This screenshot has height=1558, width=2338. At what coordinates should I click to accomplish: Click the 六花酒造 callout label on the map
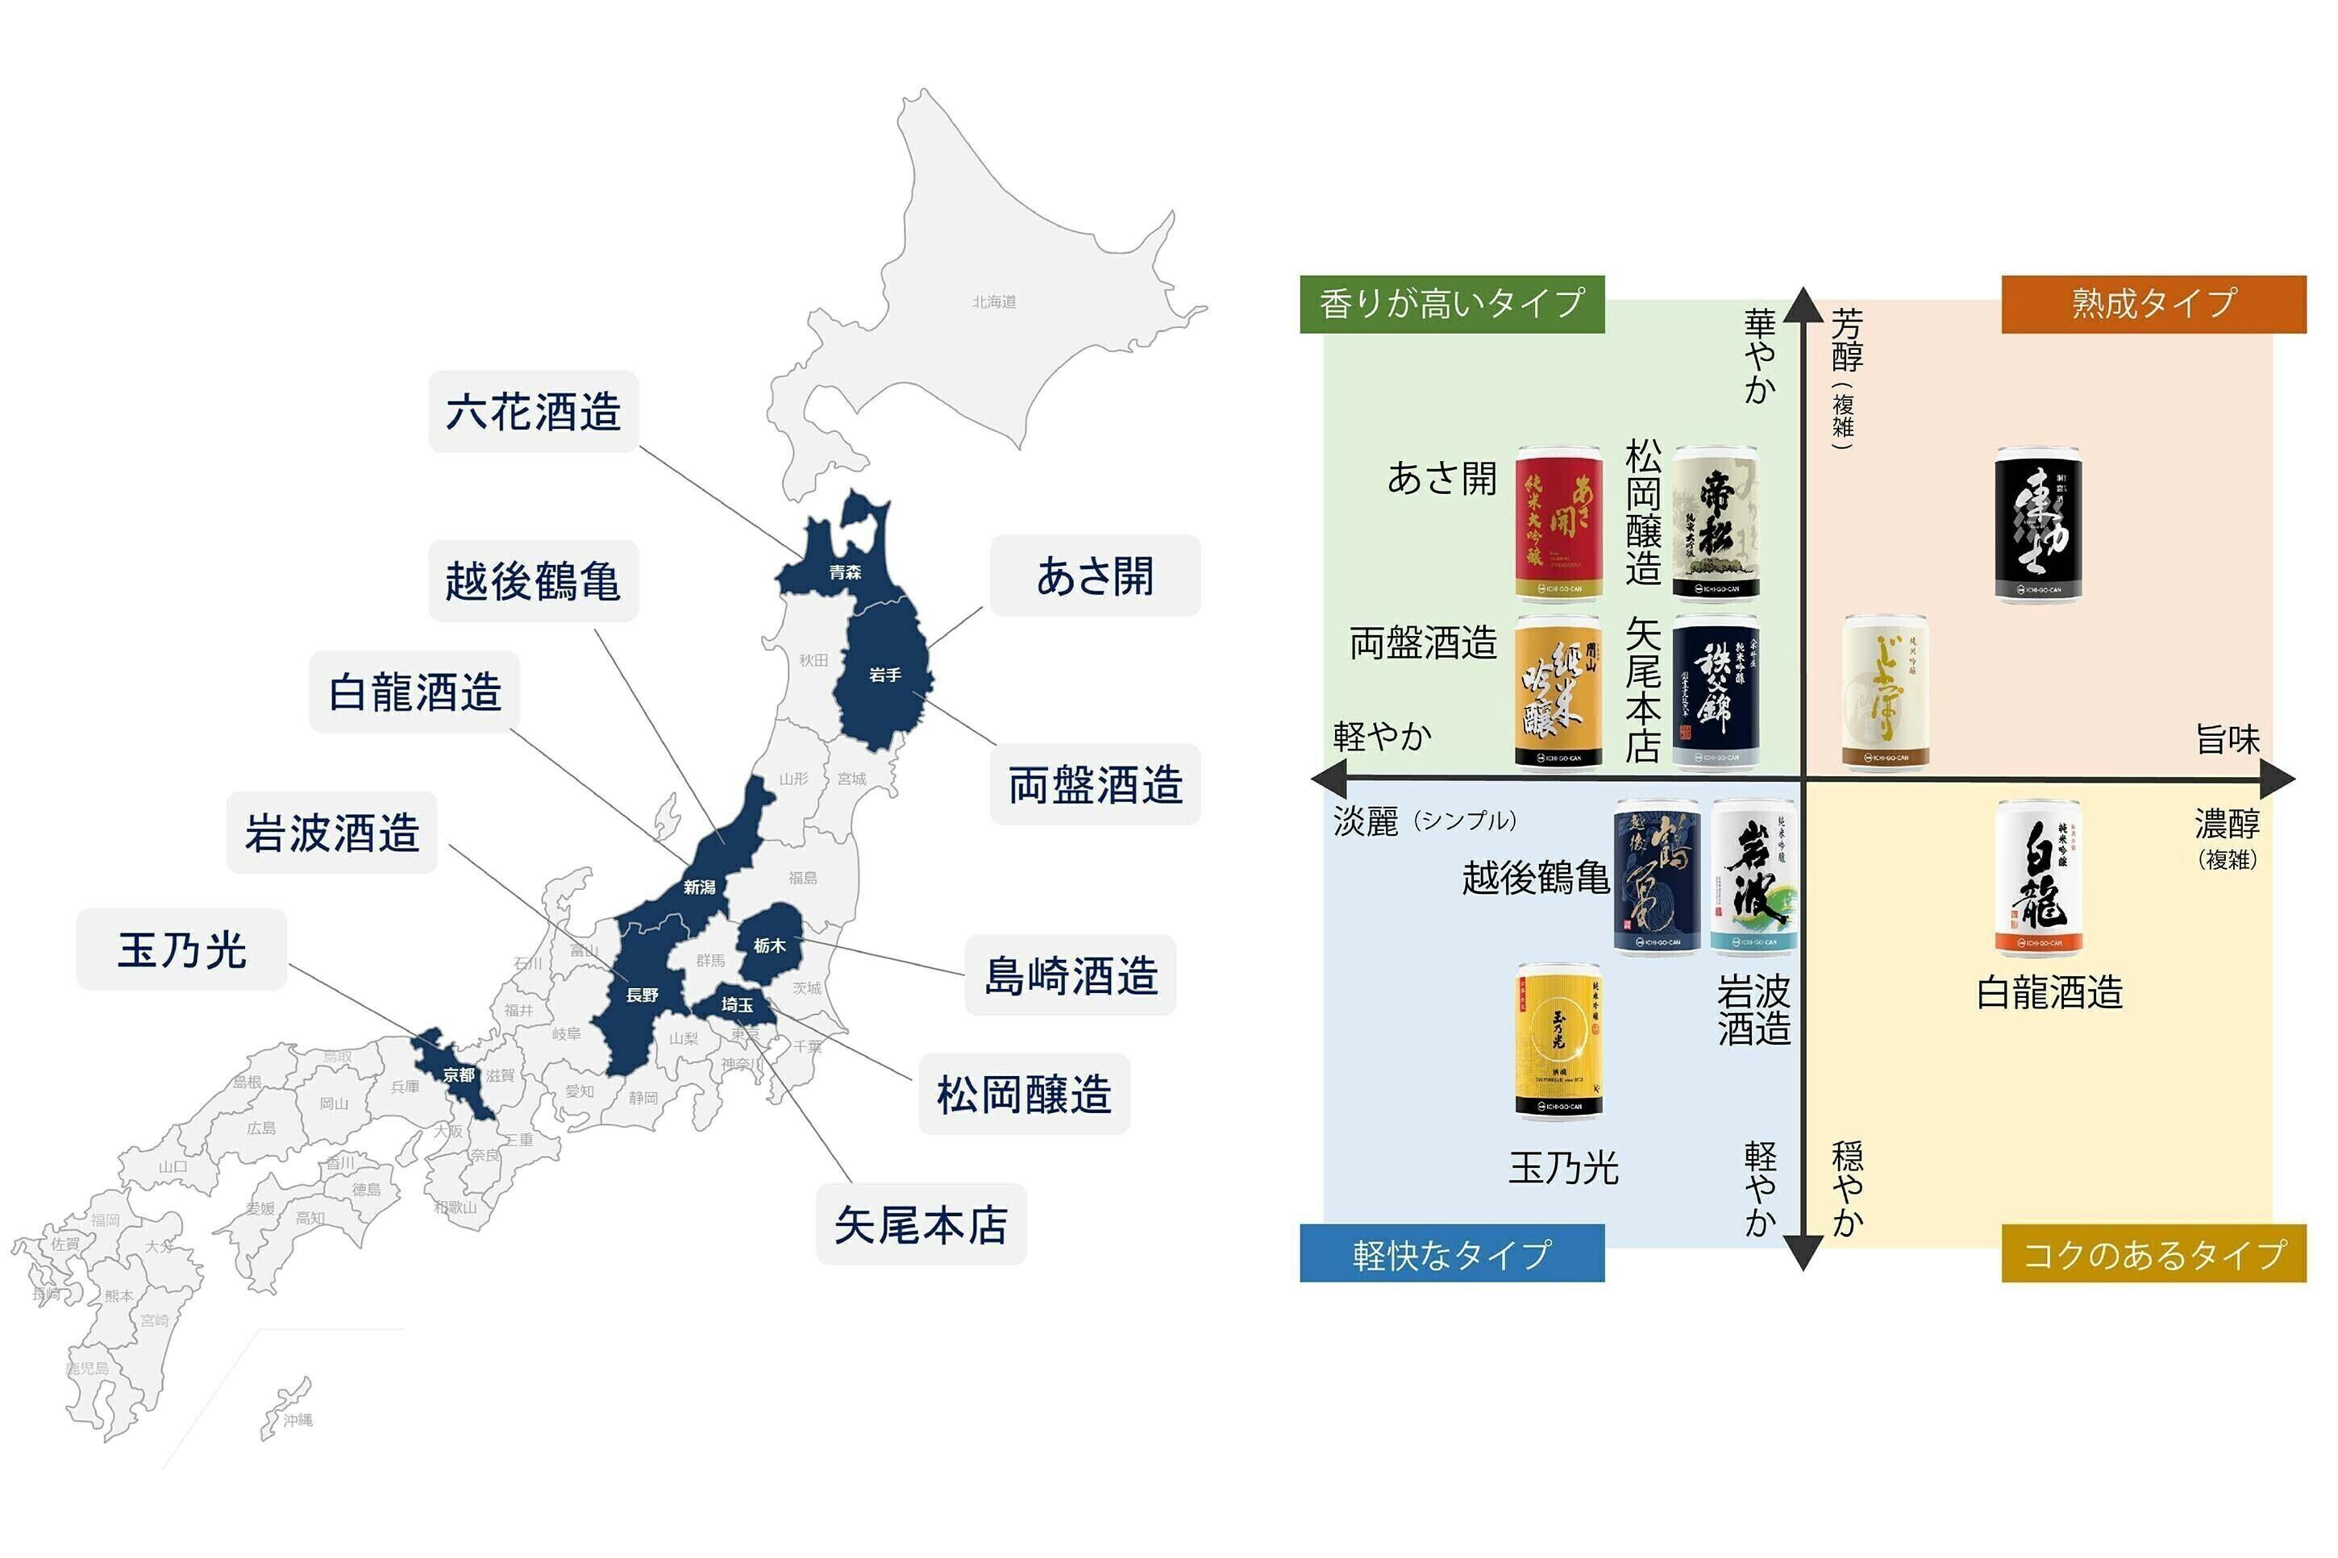(533, 411)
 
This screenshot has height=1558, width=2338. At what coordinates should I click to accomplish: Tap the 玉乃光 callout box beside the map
(182, 949)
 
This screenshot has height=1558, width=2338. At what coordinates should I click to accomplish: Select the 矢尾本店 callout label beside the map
(920, 1224)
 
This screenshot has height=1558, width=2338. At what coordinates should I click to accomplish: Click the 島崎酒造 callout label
(1070, 974)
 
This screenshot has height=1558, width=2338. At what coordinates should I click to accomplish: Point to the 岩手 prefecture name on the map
(884, 675)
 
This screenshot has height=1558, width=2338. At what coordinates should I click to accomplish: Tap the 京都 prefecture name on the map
(458, 1075)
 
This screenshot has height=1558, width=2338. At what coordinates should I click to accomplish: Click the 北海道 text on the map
(993, 302)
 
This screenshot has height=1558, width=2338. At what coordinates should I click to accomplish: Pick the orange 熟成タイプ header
(2153, 303)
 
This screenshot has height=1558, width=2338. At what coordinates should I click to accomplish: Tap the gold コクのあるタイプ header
(2153, 1254)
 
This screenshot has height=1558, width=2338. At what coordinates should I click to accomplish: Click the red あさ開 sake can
(1558, 524)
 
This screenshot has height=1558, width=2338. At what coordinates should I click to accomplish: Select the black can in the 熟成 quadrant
(2038, 524)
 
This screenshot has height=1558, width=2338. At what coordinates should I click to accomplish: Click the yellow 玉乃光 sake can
(1558, 1041)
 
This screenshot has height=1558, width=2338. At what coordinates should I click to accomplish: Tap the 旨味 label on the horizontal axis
(2227, 739)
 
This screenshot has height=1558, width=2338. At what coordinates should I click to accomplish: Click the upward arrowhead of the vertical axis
(1803, 304)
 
